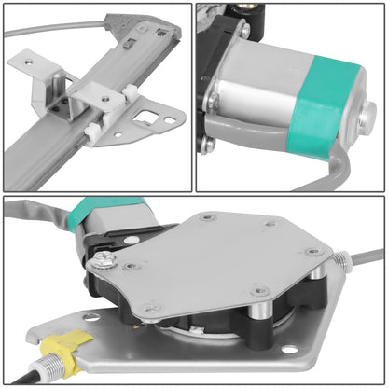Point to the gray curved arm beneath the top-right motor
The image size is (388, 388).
pyautogui.click(x=326, y=173)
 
